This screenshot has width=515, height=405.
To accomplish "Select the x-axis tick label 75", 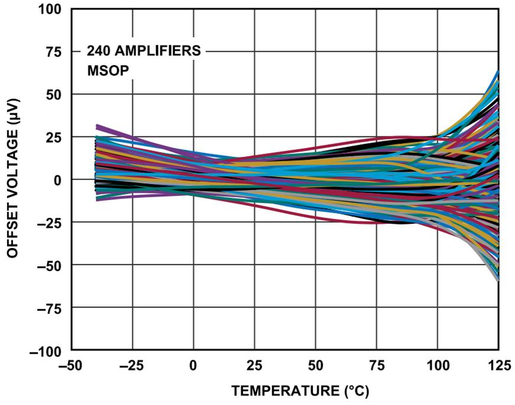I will tap(376, 366).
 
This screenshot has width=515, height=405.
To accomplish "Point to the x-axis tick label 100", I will tap(437, 366).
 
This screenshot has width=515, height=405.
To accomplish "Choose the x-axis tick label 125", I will tap(498, 366).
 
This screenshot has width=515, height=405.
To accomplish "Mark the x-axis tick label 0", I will tap(193, 366).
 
